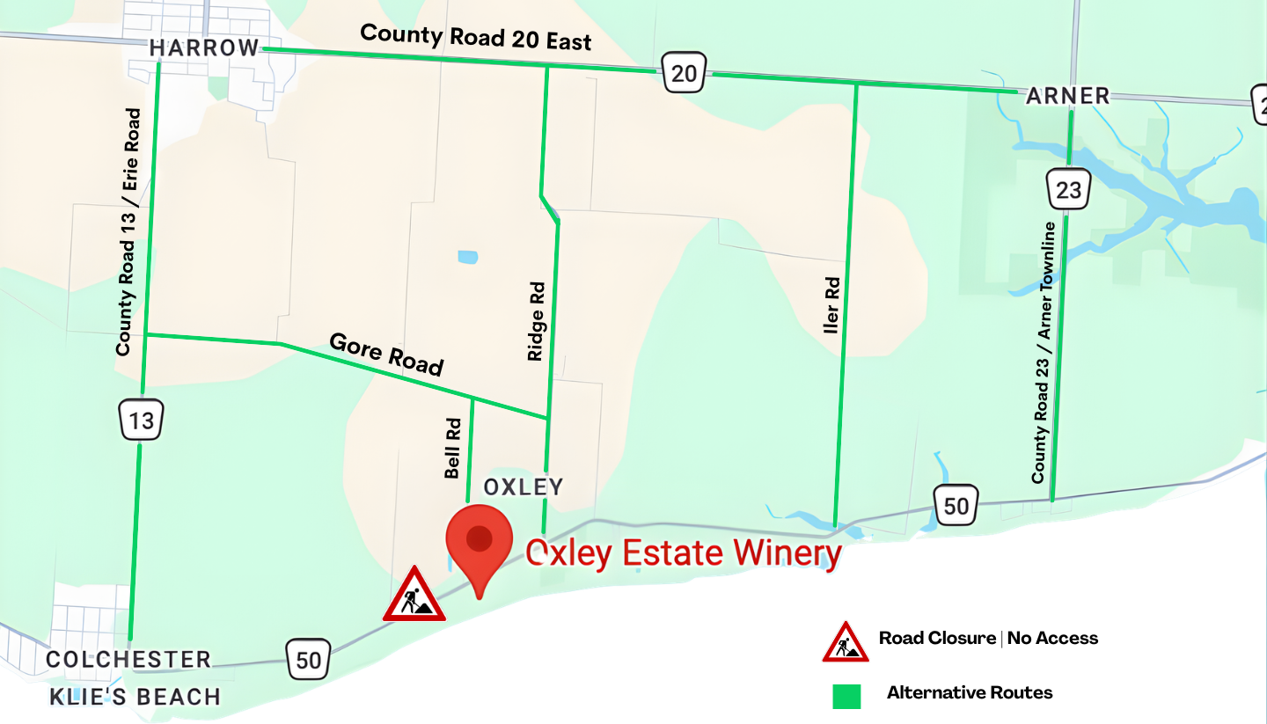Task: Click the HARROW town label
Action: coord(204,48)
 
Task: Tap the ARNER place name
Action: coord(1067,96)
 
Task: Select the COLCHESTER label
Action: coord(128,660)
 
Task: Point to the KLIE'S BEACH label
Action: coord(135,698)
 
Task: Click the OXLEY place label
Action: coord(524,487)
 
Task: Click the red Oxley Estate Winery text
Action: coord(684,553)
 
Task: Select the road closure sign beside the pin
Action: coord(414,596)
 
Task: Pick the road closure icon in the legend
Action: coord(846,643)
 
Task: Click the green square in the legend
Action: coord(846,695)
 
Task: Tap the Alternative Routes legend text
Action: coord(970,692)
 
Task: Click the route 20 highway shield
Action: coord(684,73)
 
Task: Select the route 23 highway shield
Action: coord(1068,189)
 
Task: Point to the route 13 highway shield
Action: coord(142,421)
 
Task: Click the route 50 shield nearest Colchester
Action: coord(309,658)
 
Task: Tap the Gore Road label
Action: coord(386,354)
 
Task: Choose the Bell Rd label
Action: coord(453,448)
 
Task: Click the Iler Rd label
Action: coord(831,306)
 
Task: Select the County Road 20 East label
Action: coord(476,38)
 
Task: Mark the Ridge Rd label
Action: coord(536,321)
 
